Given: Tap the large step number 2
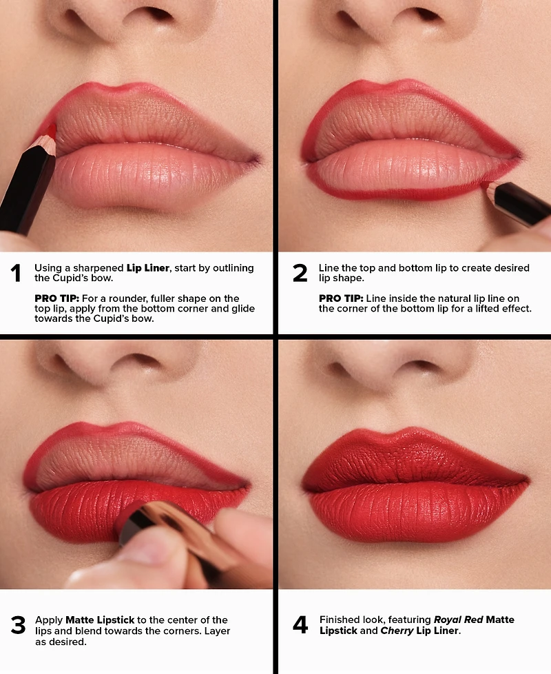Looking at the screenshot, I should click(300, 274).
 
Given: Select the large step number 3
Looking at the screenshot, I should click(17, 625).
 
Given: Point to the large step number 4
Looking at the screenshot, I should click(300, 625).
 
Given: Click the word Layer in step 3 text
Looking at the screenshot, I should click(214, 631).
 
